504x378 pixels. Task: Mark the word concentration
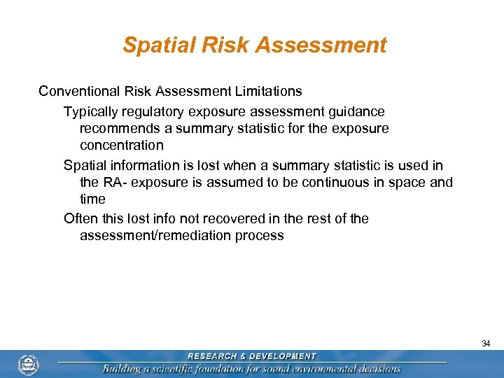click(122, 146)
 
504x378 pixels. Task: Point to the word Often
click(80, 218)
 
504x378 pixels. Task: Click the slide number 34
click(486, 344)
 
